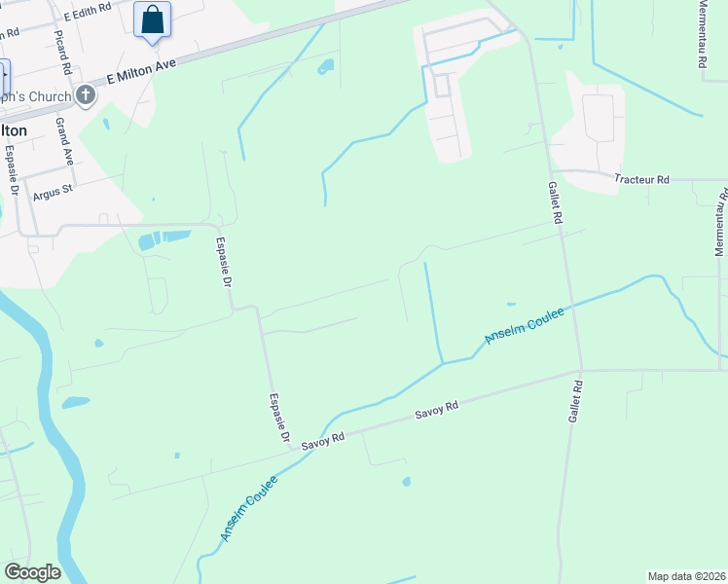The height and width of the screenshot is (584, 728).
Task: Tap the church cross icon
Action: point(86,95)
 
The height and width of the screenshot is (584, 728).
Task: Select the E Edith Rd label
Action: point(88,17)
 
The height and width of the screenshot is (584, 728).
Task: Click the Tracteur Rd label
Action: point(642,179)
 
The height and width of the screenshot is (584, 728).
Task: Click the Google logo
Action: point(32,571)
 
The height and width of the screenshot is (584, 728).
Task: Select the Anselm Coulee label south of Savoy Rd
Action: point(248,508)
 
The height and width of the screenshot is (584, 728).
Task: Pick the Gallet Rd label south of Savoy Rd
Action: point(575,400)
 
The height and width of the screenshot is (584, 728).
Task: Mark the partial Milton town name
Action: point(14,129)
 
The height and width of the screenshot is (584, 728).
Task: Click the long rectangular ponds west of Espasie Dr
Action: point(164,238)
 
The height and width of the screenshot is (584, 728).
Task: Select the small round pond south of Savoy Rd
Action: point(406,481)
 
